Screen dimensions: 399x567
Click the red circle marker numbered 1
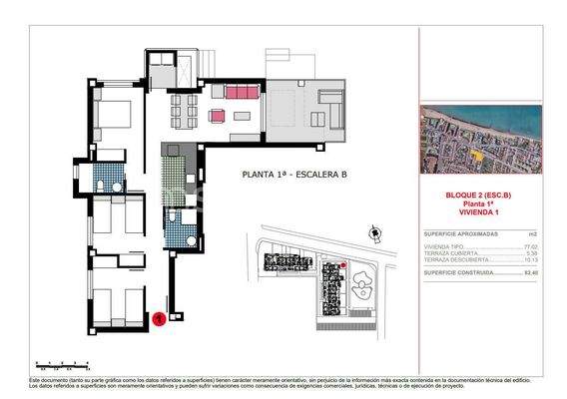[160, 319]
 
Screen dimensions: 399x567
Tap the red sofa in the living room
[240, 93]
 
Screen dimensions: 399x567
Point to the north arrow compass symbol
[374, 234]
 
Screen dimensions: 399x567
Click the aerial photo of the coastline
[480, 140]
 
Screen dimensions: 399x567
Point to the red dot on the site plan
[342, 264]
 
